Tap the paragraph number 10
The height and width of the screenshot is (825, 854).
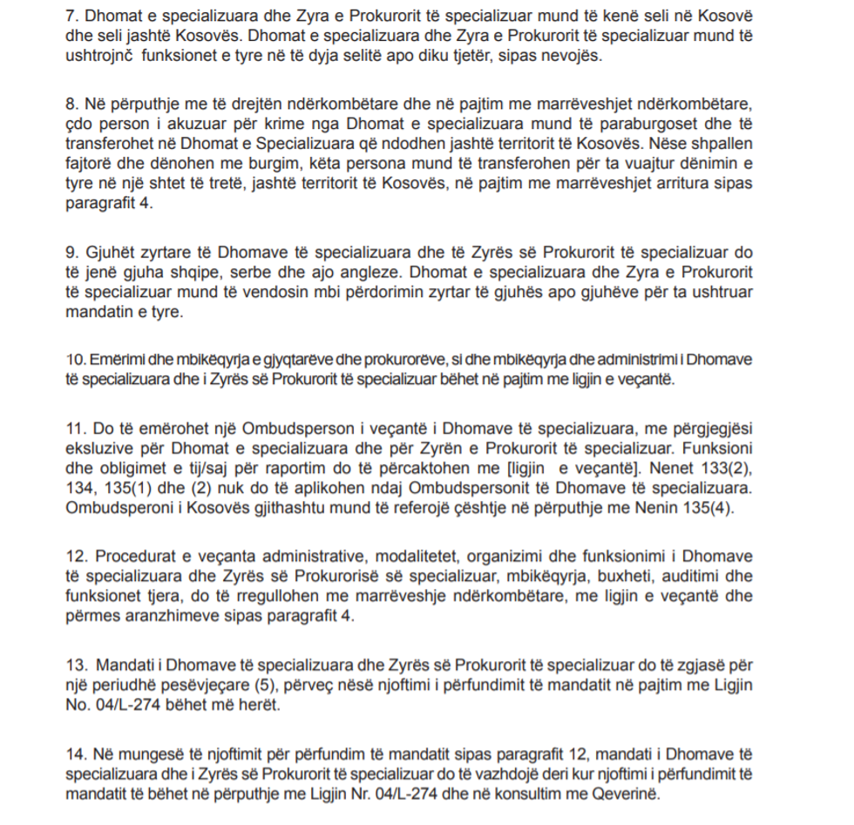point(73,360)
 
